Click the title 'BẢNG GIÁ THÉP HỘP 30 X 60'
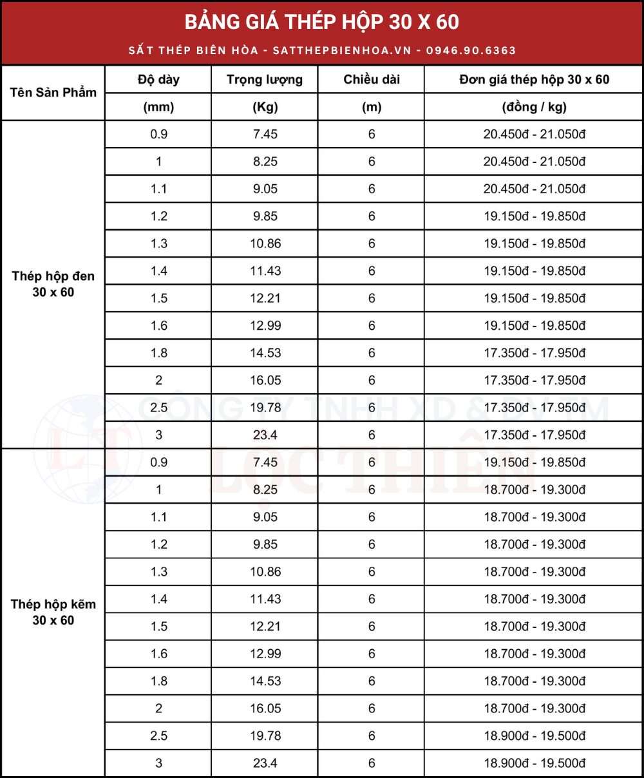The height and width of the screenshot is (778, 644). pyautogui.click(x=322, y=22)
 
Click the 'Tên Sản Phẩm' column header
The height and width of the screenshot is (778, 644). pyautogui.click(x=53, y=92)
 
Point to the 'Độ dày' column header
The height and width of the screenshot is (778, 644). pyautogui.click(x=158, y=80)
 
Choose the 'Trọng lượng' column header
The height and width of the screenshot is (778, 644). pyautogui.click(x=265, y=80)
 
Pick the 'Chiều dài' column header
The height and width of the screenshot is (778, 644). pyautogui.click(x=372, y=80)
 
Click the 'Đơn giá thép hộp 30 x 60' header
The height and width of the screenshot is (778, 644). pyautogui.click(x=535, y=80)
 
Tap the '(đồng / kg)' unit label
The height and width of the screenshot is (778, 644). pyautogui.click(x=535, y=107)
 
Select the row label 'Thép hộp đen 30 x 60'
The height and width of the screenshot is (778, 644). pyautogui.click(x=53, y=284)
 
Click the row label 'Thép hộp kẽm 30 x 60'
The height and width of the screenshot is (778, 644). pyautogui.click(x=53, y=612)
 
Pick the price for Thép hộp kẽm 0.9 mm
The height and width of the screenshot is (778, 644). pyautogui.click(x=535, y=462)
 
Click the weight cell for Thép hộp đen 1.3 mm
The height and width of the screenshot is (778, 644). pyautogui.click(x=265, y=243)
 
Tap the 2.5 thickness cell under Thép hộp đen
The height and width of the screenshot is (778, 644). pyautogui.click(x=159, y=408)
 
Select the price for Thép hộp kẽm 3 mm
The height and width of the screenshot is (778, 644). pyautogui.click(x=535, y=763)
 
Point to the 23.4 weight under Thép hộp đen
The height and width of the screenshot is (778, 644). pyautogui.click(x=265, y=435)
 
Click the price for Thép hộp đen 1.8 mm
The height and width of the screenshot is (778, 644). pyautogui.click(x=535, y=353)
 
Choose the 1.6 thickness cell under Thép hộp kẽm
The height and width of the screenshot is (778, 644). pyautogui.click(x=159, y=654)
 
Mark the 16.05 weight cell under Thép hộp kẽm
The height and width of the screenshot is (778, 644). pyautogui.click(x=265, y=708)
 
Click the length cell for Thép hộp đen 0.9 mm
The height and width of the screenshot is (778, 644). pyautogui.click(x=372, y=134)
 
